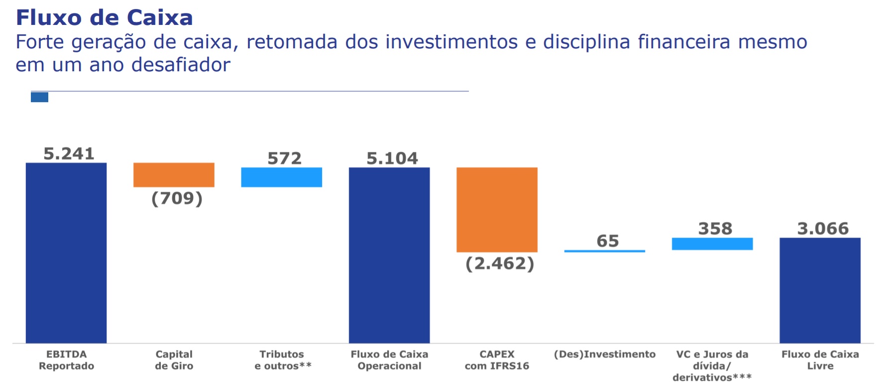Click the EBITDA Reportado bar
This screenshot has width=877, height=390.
(66, 253)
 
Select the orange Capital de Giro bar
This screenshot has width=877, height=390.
(174, 175)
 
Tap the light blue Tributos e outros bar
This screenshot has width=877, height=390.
(282, 177)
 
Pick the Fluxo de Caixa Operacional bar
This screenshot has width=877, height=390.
(389, 255)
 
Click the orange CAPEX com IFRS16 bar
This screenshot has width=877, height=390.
(497, 210)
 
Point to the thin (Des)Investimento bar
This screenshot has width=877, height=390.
(605, 251)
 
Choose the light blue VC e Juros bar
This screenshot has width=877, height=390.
(712, 244)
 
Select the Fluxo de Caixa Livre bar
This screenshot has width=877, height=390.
(820, 290)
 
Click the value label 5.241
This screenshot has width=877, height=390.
(69, 153)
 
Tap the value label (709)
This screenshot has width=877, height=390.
(177, 198)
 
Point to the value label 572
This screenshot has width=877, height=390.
(285, 158)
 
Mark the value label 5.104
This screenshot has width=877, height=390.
(392, 158)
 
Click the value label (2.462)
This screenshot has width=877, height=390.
(500, 263)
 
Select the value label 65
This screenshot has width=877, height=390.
(608, 241)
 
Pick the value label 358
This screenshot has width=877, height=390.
(715, 229)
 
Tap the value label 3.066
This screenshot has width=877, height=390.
(823, 229)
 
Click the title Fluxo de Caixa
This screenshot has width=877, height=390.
(104, 17)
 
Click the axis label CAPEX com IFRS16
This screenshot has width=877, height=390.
(497, 360)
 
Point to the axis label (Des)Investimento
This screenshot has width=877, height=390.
(605, 355)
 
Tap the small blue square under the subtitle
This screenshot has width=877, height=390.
(39, 97)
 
